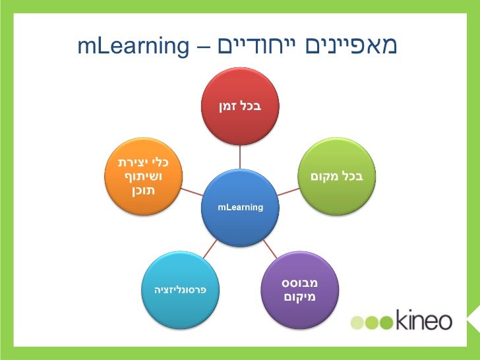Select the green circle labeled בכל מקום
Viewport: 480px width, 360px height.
coord(337,177)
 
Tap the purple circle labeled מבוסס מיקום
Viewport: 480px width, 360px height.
coord(300,289)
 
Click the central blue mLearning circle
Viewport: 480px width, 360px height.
coord(240,207)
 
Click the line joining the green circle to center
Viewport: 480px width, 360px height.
coord(288,192)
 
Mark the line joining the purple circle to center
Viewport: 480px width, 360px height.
coord(270,249)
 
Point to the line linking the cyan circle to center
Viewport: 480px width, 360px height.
coord(210,249)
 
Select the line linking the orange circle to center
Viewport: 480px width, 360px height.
coord(192,192)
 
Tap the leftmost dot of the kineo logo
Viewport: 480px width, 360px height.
coord(357,322)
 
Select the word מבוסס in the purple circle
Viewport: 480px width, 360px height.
coord(300,282)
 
